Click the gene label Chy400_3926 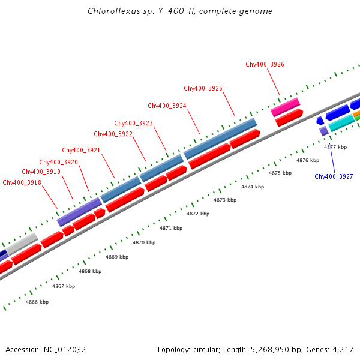click(x=265, y=64)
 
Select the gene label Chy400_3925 click(x=203, y=88)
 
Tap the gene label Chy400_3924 click(x=167, y=106)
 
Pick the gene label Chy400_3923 click(x=133, y=123)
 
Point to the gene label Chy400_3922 click(x=113, y=134)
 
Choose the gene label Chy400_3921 click(x=81, y=150)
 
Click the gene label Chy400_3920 click(x=58, y=162)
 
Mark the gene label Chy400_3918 click(x=22, y=182)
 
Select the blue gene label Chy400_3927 click(x=334, y=176)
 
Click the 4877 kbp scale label click(x=335, y=147)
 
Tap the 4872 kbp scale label click(x=198, y=214)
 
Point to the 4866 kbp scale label click(x=37, y=302)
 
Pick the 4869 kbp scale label click(x=117, y=257)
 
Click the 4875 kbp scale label click(x=280, y=173)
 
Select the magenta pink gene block click(x=285, y=107)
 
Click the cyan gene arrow click(x=341, y=123)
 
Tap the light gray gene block click(x=22, y=244)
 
